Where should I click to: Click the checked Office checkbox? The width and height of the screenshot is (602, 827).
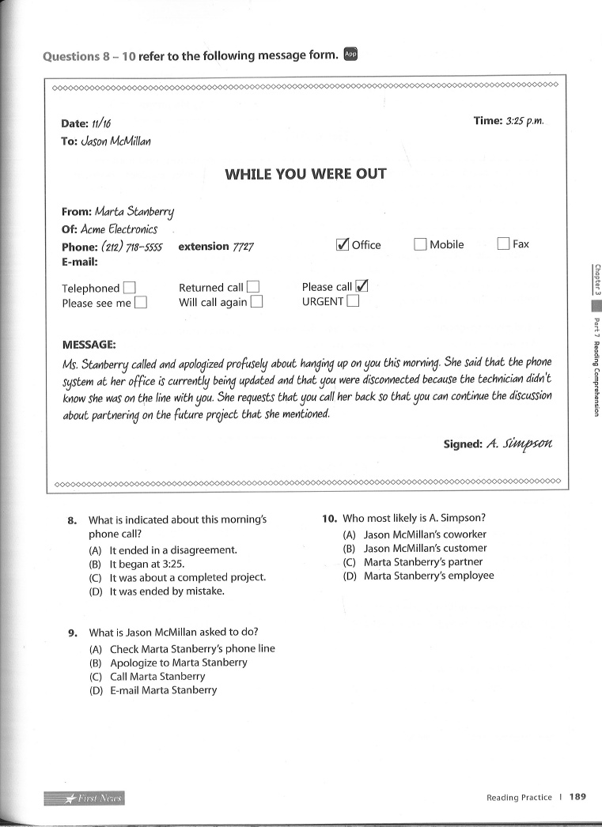pyautogui.click(x=343, y=245)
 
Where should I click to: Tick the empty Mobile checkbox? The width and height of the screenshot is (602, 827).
pyautogui.click(x=420, y=245)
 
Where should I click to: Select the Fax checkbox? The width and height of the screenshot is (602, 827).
pyautogui.click(x=503, y=244)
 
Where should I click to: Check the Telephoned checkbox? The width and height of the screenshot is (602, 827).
pyautogui.click(x=130, y=289)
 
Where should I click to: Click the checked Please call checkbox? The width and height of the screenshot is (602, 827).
pyautogui.click(x=362, y=287)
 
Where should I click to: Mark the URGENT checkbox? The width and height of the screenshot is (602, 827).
pyautogui.click(x=353, y=301)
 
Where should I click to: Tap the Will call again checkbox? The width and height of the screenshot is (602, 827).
pyautogui.click(x=256, y=302)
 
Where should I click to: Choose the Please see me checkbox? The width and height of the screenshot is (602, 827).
pyautogui.click(x=141, y=303)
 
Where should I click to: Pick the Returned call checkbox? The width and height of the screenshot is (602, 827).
pyautogui.click(x=253, y=288)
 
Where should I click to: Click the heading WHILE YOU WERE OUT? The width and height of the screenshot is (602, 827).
pyautogui.click(x=305, y=174)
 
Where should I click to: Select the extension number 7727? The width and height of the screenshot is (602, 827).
pyautogui.click(x=243, y=247)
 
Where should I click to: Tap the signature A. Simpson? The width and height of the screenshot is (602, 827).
pyautogui.click(x=519, y=444)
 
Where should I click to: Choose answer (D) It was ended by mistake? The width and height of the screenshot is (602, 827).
pyautogui.click(x=166, y=591)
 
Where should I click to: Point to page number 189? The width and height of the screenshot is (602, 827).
pyautogui.click(x=577, y=797)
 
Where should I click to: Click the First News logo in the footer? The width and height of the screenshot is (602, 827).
pyautogui.click(x=85, y=798)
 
